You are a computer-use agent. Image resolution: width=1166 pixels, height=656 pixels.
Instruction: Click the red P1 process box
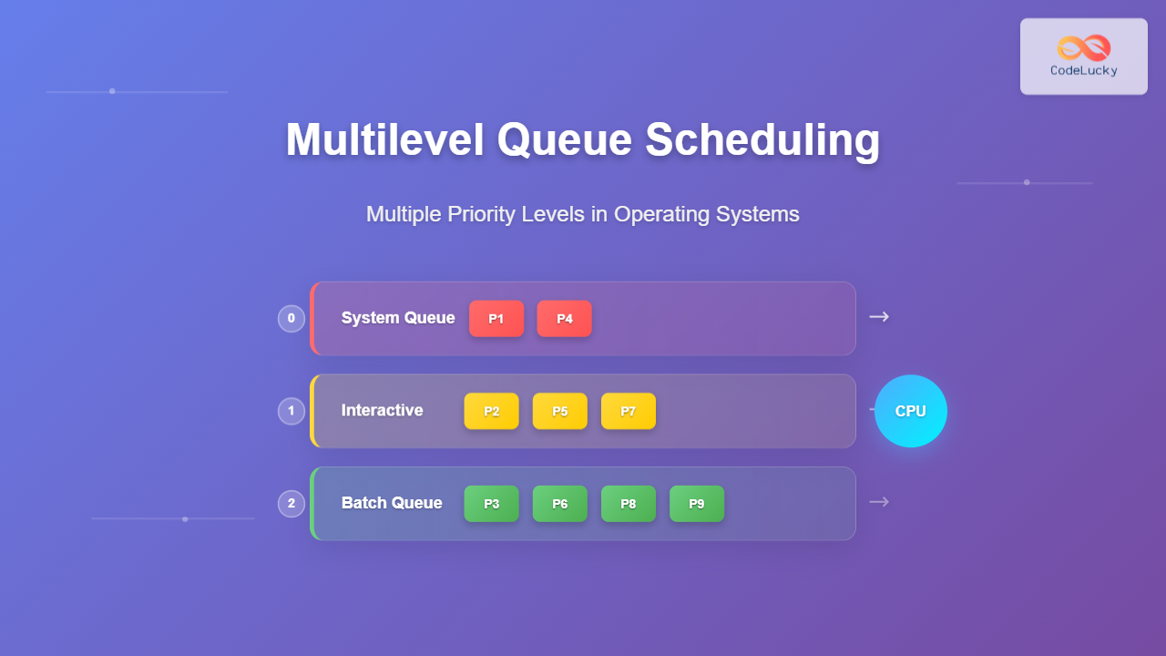(x=496, y=319)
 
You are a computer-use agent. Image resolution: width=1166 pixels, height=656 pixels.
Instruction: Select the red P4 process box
(x=565, y=319)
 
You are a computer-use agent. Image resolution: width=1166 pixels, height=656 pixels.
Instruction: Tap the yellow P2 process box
(x=492, y=411)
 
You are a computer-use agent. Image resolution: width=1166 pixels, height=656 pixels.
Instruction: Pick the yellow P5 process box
(x=560, y=411)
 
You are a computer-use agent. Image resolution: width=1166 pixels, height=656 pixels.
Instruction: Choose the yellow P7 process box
(x=629, y=411)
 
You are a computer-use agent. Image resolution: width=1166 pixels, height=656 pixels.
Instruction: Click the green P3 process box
(x=492, y=504)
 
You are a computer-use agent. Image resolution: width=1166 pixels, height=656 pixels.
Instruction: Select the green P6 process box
(x=560, y=504)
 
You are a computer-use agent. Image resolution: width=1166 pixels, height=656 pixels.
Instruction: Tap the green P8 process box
(x=629, y=504)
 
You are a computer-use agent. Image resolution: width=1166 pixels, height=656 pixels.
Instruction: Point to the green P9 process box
(x=697, y=504)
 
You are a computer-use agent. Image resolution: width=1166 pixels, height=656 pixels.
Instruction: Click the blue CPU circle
(x=911, y=411)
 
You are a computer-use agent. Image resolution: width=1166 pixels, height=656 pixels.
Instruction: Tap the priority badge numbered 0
(x=291, y=319)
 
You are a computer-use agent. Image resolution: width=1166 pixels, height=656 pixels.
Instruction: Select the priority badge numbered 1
(x=291, y=411)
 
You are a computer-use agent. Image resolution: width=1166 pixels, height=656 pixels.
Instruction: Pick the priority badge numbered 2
(x=291, y=504)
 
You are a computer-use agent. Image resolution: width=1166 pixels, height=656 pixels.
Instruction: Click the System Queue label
(x=398, y=318)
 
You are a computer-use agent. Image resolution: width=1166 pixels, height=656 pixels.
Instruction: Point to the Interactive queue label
(x=383, y=410)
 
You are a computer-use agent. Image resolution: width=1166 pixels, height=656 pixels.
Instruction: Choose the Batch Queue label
(x=392, y=503)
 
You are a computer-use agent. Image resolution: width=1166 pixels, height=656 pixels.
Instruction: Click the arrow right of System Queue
(x=879, y=317)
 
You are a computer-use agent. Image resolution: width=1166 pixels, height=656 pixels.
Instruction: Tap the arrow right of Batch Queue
(x=879, y=502)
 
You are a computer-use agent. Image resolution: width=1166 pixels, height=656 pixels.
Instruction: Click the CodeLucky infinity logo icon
(x=1084, y=48)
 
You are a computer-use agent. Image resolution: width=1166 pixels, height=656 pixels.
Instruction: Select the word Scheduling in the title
(x=763, y=140)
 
